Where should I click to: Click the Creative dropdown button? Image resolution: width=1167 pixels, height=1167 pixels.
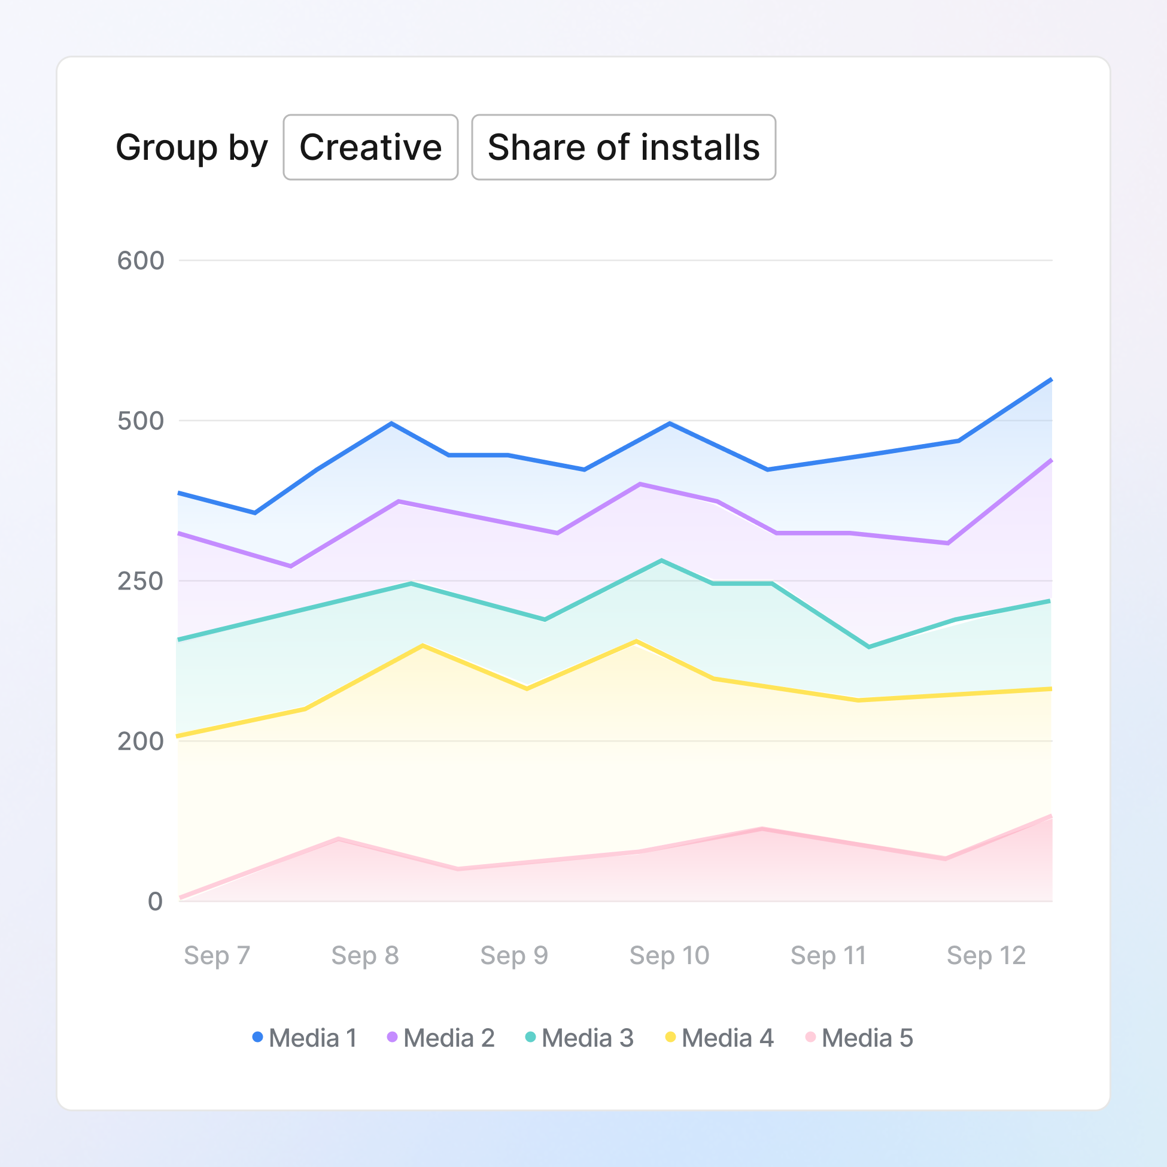point(370,147)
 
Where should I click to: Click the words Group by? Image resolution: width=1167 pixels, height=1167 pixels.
point(192,147)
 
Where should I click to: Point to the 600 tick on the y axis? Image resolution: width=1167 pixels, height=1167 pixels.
point(141,261)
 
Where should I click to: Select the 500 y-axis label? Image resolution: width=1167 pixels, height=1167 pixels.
point(141,421)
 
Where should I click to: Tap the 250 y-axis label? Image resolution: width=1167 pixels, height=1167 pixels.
point(141,581)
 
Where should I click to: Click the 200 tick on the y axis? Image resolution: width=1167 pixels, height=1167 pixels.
point(141,741)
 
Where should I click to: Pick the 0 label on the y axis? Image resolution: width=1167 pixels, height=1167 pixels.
point(155,901)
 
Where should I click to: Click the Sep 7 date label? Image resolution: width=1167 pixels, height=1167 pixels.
point(217,955)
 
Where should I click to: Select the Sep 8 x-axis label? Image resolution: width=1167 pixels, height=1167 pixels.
point(365,955)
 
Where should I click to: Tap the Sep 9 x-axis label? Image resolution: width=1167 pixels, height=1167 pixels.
point(514,955)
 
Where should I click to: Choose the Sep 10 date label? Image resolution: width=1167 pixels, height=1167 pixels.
point(669,955)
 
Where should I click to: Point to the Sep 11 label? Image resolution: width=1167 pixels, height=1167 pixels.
point(828,955)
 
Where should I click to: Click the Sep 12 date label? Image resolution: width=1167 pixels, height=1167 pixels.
point(986,955)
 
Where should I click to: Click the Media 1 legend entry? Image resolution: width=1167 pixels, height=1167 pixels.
point(305,1038)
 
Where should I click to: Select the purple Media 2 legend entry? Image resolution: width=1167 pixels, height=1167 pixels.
point(441,1038)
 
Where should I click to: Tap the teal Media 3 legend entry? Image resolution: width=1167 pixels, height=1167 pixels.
point(579,1038)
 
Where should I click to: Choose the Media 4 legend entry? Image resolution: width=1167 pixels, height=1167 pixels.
point(719,1038)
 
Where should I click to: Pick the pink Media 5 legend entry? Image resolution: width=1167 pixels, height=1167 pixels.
point(859,1038)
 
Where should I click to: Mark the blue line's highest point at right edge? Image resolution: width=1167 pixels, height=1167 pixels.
point(1051,379)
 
